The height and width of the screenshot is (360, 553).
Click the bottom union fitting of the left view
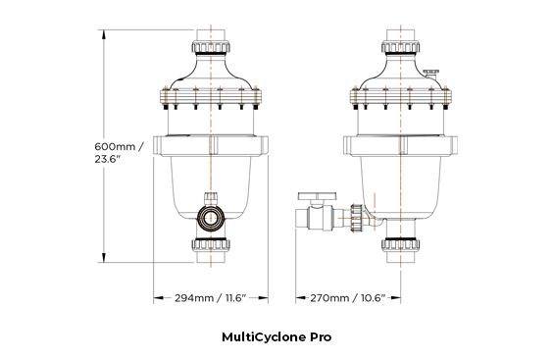(211, 247)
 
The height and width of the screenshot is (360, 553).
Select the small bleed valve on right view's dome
(432, 74)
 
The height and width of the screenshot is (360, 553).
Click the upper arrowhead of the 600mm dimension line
(104, 32)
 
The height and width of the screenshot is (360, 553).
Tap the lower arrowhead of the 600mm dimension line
(104, 261)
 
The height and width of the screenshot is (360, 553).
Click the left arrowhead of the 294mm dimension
(158, 296)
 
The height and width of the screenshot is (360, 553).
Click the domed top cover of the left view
(211, 77)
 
